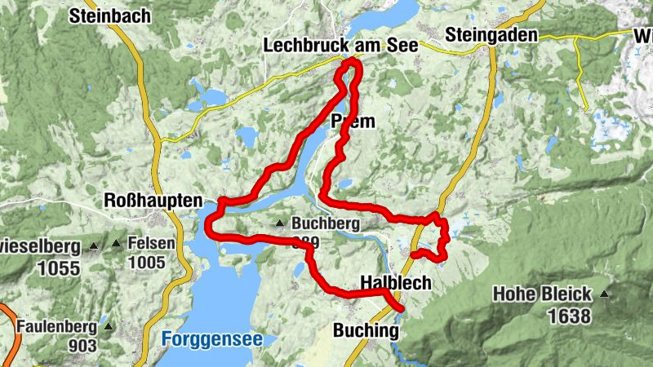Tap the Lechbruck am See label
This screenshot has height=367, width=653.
[x=340, y=46]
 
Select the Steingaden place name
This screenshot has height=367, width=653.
[x=491, y=35]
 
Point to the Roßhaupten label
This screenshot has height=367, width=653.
[x=153, y=200]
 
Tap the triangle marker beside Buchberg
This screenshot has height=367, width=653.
[x=280, y=223]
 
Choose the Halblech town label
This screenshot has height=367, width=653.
[x=395, y=282]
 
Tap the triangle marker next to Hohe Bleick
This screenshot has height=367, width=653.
[x=604, y=294]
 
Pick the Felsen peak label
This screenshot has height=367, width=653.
[x=151, y=244]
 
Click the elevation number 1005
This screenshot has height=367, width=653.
[x=146, y=263]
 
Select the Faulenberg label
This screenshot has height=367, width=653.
[x=54, y=327]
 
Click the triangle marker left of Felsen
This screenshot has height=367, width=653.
[x=117, y=244]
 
